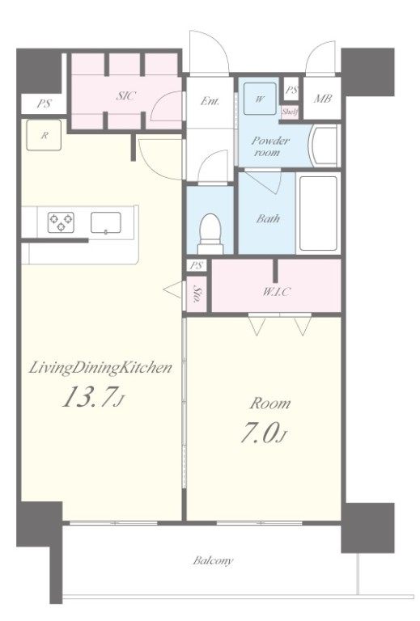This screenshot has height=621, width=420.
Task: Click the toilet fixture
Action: [x=210, y=234]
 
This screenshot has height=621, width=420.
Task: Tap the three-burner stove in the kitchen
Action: [x=61, y=222]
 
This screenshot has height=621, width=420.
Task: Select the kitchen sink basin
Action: [x=106, y=222]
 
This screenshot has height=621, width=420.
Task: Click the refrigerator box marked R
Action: [x=44, y=135]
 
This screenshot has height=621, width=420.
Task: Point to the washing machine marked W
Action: [x=260, y=99]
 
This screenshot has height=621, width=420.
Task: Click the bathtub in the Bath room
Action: [x=318, y=213]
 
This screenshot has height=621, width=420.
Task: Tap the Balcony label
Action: [x=213, y=560]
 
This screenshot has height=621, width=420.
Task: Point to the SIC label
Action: [x=126, y=95]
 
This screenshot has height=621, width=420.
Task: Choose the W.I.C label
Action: [x=276, y=292]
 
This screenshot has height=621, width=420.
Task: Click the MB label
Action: [x=323, y=98]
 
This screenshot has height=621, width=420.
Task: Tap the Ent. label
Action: [x=210, y=101]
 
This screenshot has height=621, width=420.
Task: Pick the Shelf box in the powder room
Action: [x=290, y=112]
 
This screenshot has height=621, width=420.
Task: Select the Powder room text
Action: [x=270, y=146]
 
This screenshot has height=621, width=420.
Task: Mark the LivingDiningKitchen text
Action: [x=100, y=368]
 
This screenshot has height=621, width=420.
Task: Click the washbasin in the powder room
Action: [x=324, y=146]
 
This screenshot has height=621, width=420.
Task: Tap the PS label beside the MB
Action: [x=291, y=90]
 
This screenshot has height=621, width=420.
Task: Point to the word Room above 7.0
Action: [x=270, y=403]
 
